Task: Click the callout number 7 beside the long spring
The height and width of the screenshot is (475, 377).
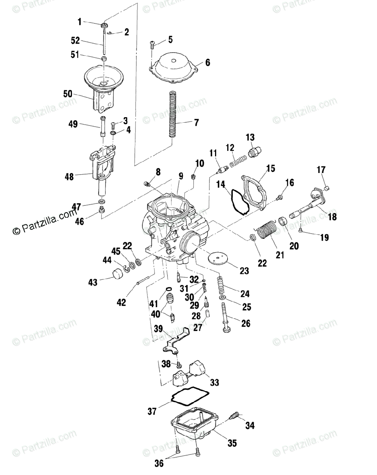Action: click(196, 122)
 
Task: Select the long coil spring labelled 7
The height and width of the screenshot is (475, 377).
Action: click(172, 114)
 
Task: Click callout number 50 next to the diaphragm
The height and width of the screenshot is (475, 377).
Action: click(68, 94)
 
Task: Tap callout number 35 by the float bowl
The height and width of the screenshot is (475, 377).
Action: click(232, 443)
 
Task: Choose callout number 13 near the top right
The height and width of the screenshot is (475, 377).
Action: click(250, 137)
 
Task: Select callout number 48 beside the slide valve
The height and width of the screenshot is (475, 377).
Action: click(70, 177)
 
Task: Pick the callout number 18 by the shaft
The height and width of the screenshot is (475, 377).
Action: click(332, 217)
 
